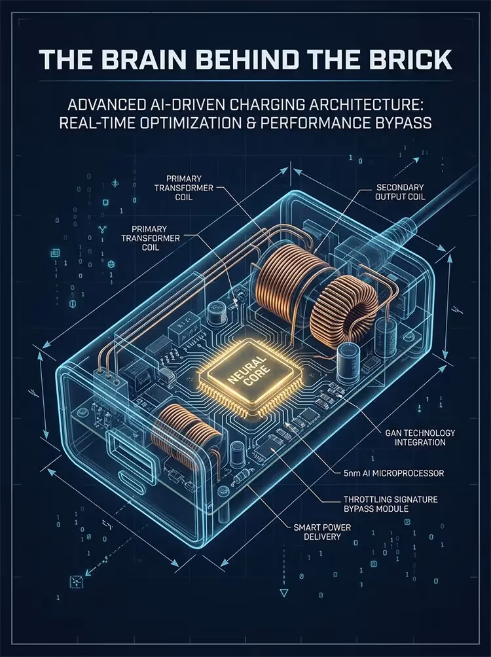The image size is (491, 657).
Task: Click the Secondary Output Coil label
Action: tap(400, 192)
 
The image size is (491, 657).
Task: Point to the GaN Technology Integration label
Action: tap(420, 437)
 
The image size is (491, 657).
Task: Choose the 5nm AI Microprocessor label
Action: tap(393, 473)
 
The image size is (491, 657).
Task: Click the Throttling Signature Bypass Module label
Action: tap(390, 504)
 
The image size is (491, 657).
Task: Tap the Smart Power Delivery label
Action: tap(322, 532)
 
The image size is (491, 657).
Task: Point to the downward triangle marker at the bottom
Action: tap(284, 593)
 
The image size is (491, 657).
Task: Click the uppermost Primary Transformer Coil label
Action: tap(184, 188)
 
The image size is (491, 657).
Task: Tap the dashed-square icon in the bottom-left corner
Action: tap(75, 582)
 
